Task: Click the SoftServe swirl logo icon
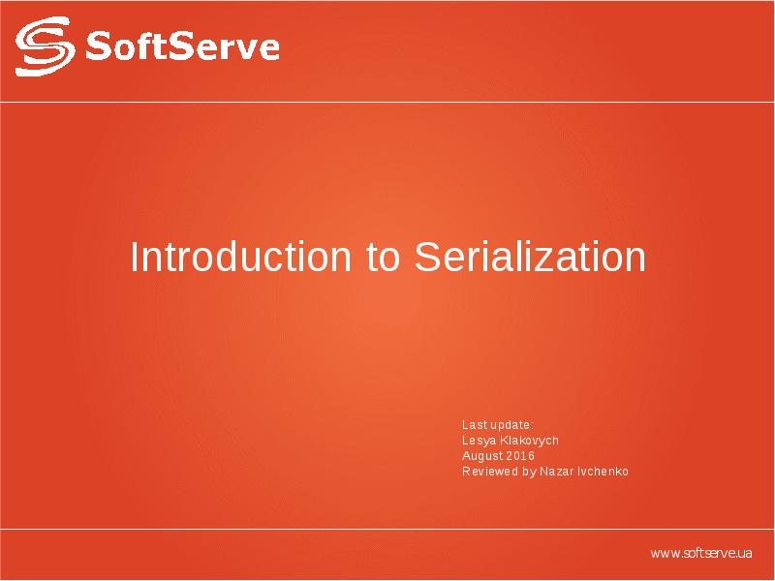tap(45, 47)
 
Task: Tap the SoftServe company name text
tap(182, 46)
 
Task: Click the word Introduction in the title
tap(242, 258)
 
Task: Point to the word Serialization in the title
tap(530, 258)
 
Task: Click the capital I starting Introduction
tap(135, 258)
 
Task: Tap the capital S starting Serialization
tap(427, 258)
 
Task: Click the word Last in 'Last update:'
tap(474, 425)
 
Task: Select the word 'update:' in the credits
tap(512, 425)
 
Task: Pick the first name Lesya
tap(479, 441)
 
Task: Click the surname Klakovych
tap(529, 441)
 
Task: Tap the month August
tap(481, 456)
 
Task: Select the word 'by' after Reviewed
tap(529, 472)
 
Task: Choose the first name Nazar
tap(556, 472)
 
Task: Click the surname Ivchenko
tap(603, 472)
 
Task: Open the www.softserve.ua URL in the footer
tap(701, 553)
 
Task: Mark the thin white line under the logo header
tap(387, 101)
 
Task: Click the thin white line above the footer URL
tap(387, 530)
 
